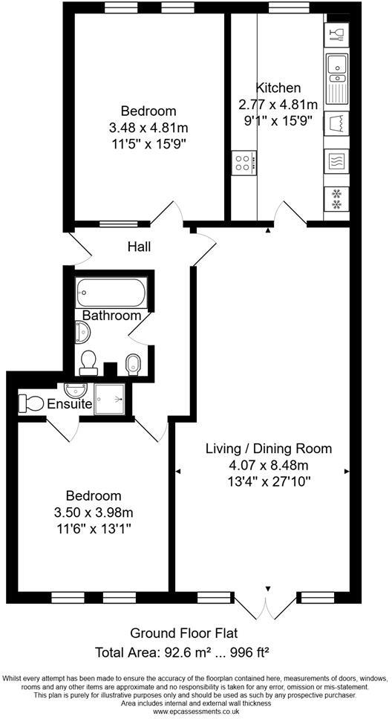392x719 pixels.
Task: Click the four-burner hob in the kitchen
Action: click(243, 163)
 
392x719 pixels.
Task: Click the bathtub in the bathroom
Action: click(114, 293)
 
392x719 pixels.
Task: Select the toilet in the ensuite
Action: click(31, 403)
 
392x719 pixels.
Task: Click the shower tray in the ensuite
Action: click(112, 399)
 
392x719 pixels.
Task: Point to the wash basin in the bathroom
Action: click(81, 333)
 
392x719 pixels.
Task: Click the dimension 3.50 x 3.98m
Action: click(93, 512)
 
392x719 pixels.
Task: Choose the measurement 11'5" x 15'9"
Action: click(146, 144)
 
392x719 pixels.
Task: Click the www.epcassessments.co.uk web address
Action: click(195, 712)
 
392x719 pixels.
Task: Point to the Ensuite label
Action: click(70, 405)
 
